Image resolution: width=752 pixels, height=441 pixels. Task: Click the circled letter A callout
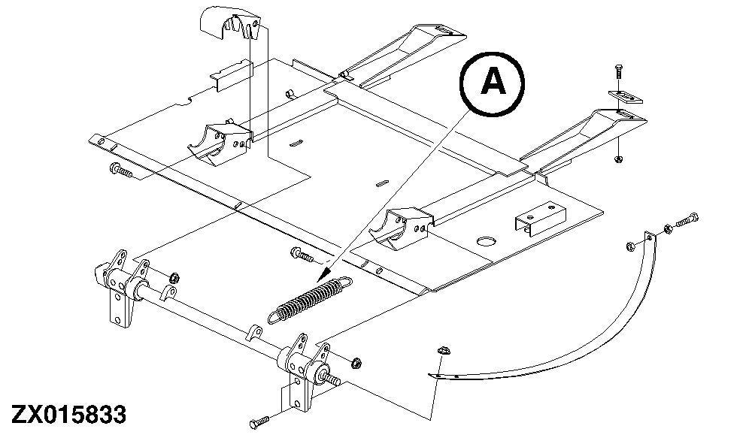point(492,83)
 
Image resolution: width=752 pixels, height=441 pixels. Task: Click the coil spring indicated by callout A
point(311,299)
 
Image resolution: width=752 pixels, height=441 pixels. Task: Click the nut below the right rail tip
point(618,159)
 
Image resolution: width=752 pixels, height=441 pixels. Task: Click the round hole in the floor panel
point(487,240)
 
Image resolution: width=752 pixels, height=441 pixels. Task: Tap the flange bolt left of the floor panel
point(121,171)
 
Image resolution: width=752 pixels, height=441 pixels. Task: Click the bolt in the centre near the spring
point(302,254)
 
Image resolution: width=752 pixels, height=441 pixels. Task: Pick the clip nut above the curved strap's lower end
point(442,350)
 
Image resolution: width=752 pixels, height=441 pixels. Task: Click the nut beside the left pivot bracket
point(174,277)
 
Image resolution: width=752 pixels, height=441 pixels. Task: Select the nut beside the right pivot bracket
point(356,363)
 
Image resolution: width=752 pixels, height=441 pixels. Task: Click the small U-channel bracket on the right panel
point(541,219)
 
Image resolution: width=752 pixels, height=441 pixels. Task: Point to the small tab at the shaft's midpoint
point(253,332)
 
